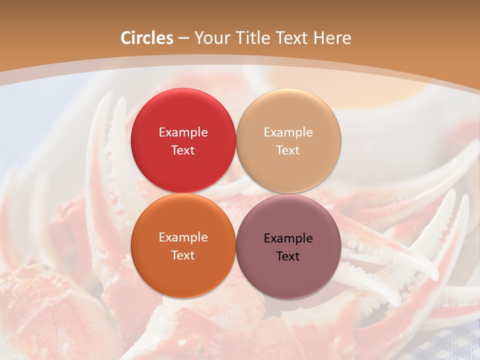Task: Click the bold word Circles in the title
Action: [x=147, y=38]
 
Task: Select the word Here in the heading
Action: [x=333, y=38]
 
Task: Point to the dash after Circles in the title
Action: [x=183, y=38]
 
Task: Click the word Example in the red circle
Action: [x=183, y=132]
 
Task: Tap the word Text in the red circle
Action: [x=183, y=150]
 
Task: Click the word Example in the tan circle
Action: [x=288, y=132]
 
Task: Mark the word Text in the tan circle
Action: [x=288, y=150]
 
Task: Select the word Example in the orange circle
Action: [x=183, y=237]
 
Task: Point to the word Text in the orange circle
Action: [x=183, y=255]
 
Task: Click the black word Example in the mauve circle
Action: [x=288, y=238]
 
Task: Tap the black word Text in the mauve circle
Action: [x=288, y=256]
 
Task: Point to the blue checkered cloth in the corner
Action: [x=440, y=345]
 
